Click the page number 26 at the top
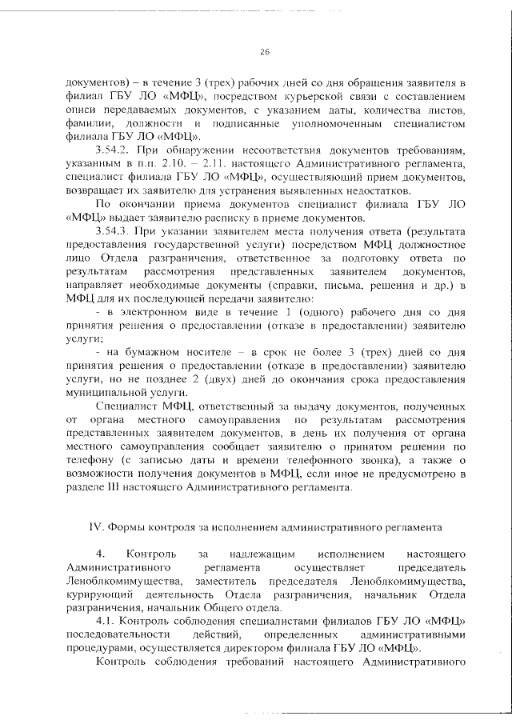pos(265,52)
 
